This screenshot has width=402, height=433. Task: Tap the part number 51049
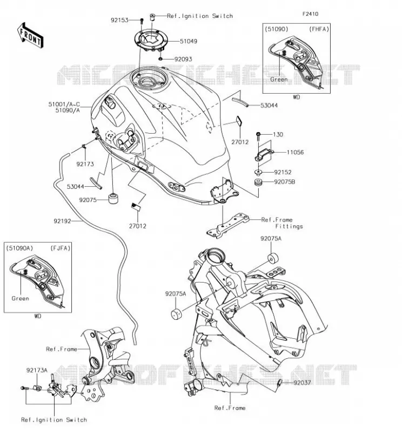click(x=189, y=42)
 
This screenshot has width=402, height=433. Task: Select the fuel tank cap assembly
click(x=151, y=41)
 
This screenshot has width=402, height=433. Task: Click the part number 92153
click(x=119, y=20)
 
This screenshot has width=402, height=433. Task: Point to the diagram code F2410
click(x=310, y=14)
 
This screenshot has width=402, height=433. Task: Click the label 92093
click(x=183, y=59)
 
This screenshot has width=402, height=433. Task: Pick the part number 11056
click(x=295, y=152)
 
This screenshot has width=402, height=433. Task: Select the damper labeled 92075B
click(x=258, y=182)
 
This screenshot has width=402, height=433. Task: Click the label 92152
click(x=283, y=172)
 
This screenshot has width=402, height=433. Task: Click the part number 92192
click(x=62, y=221)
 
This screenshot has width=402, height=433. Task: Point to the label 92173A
click(x=37, y=370)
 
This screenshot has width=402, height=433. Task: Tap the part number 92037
click(x=302, y=383)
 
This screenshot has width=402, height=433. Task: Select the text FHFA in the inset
click(x=319, y=29)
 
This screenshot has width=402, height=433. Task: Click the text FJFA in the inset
click(x=61, y=248)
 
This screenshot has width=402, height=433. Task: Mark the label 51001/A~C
click(x=64, y=104)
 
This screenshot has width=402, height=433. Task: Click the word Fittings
click(x=289, y=226)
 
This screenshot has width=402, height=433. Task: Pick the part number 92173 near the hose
click(x=85, y=164)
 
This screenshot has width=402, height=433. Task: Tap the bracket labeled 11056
click(x=264, y=154)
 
